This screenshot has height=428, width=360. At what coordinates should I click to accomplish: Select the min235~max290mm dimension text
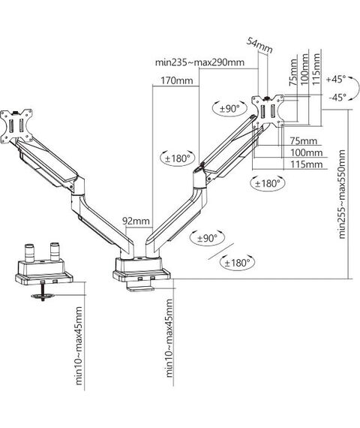(x=199, y=62)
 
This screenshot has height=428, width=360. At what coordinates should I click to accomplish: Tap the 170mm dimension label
(x=177, y=81)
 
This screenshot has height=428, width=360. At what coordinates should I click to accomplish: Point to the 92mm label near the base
(x=136, y=221)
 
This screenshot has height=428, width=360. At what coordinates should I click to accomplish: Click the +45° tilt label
(x=336, y=80)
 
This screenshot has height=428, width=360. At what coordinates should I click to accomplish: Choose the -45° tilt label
(x=337, y=97)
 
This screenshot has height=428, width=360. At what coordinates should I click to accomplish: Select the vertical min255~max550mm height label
(x=342, y=194)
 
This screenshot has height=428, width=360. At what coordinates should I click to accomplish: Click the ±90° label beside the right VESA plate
(x=229, y=109)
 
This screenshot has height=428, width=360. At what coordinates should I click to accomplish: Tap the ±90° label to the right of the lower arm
(x=208, y=238)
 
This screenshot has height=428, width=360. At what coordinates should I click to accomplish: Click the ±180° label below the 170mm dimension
(x=178, y=158)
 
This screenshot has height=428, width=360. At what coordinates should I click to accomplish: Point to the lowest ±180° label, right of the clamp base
(x=237, y=263)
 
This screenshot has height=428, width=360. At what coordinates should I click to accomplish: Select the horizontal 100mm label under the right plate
(x=306, y=152)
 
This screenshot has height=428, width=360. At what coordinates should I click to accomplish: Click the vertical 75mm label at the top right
(x=293, y=72)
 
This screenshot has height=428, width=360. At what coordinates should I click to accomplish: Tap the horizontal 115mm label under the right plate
(x=306, y=164)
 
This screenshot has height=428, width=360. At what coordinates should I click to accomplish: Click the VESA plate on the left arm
(x=16, y=126)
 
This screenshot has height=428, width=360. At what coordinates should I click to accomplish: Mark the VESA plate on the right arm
(x=268, y=111)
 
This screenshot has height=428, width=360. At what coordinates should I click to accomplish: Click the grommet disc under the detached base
(x=43, y=296)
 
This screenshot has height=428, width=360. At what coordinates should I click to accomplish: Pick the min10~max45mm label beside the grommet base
(x=79, y=345)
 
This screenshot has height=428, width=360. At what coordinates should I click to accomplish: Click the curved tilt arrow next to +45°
(x=355, y=88)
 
